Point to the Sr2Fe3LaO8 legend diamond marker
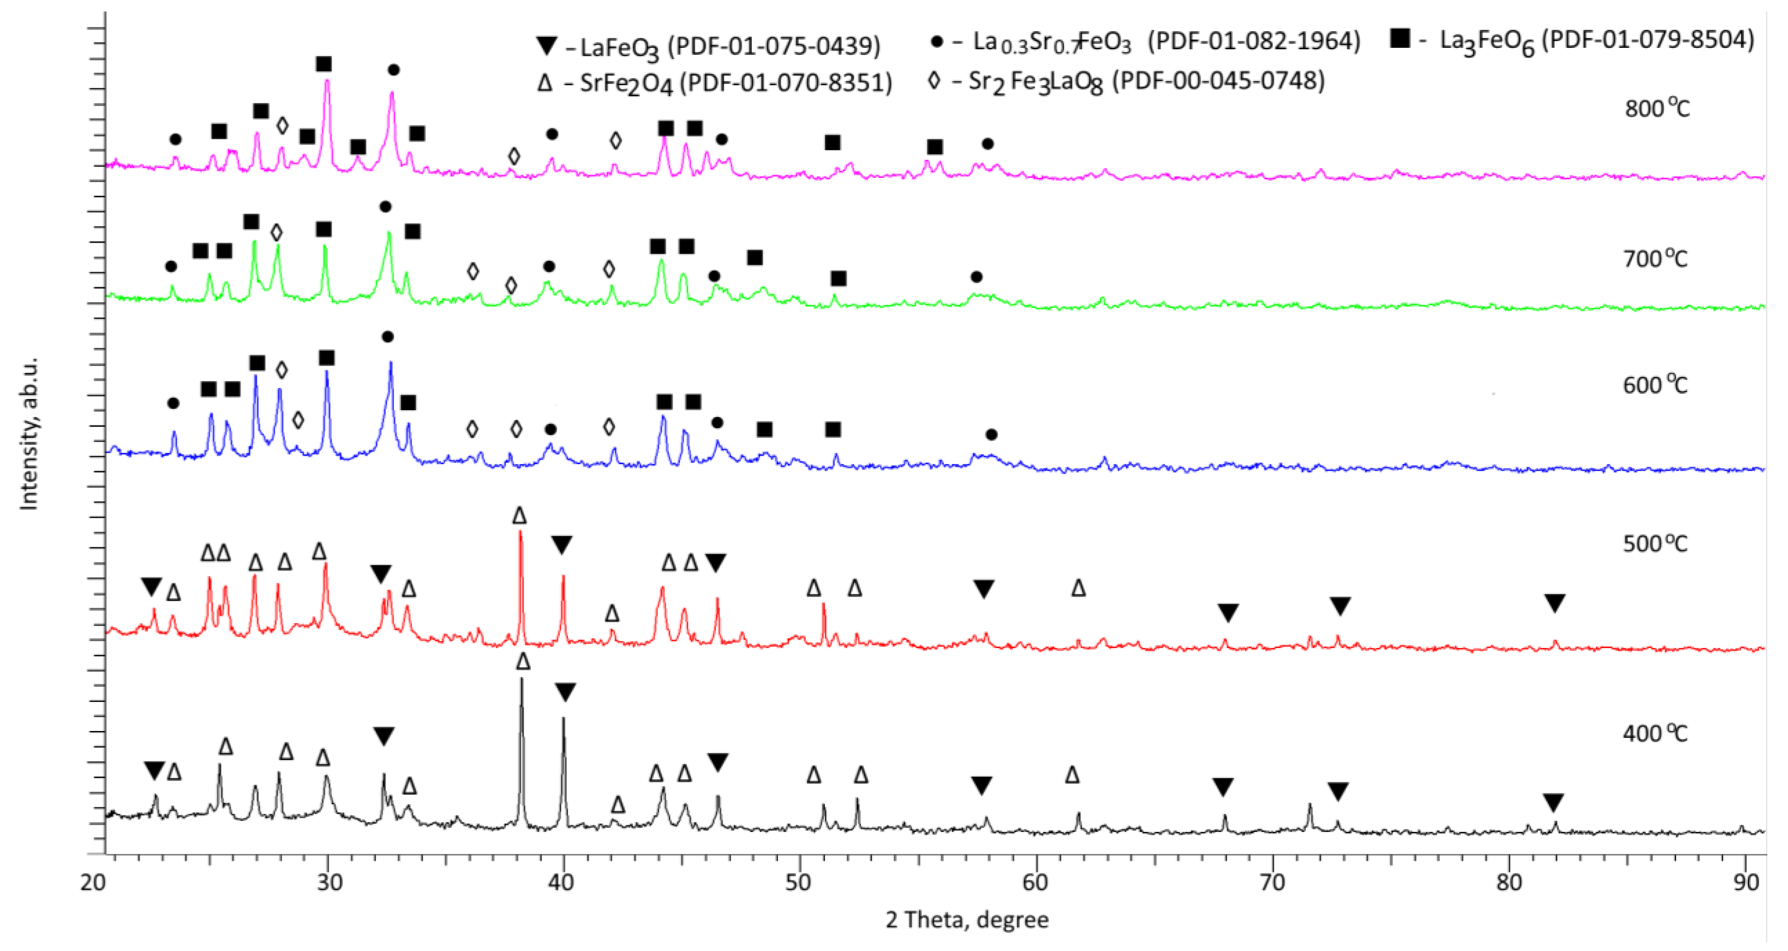934,81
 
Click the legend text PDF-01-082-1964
1254,41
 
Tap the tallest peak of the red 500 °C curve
521,533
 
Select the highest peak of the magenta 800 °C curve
327,81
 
